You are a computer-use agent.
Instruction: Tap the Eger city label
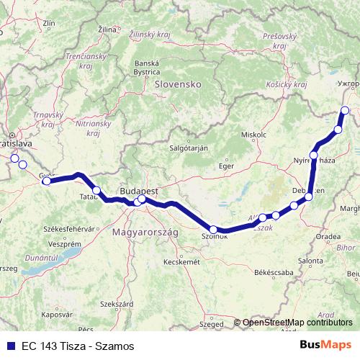pyautogui.click(x=227, y=166)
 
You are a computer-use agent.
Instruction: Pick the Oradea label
pyautogui.click(x=328, y=235)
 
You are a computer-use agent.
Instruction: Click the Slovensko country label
pyautogui.click(x=176, y=84)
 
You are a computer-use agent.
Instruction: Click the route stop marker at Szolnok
pyautogui.click(x=213, y=230)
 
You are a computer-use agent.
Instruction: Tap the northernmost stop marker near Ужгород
pyautogui.click(x=345, y=110)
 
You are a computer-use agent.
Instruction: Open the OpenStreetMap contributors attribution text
pyautogui.click(x=299, y=322)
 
